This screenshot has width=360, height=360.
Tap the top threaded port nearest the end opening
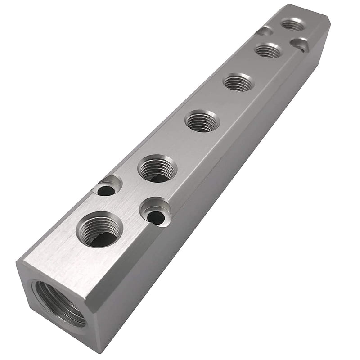99,230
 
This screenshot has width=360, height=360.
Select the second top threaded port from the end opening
157,168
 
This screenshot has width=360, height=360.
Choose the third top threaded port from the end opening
202,121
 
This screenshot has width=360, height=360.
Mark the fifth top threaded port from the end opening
268,50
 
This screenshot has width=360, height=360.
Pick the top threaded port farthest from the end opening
293,25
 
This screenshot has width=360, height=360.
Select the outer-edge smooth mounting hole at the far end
265,31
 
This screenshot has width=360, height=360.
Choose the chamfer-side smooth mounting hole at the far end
300,44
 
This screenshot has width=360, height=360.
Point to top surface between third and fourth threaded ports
220,102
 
